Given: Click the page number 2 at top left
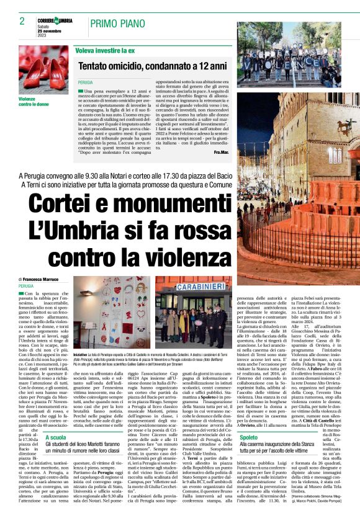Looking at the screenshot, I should (x=14, y=22).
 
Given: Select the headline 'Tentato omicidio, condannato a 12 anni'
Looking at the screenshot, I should (x=153, y=65).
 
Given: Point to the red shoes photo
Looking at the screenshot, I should (x=43, y=69).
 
